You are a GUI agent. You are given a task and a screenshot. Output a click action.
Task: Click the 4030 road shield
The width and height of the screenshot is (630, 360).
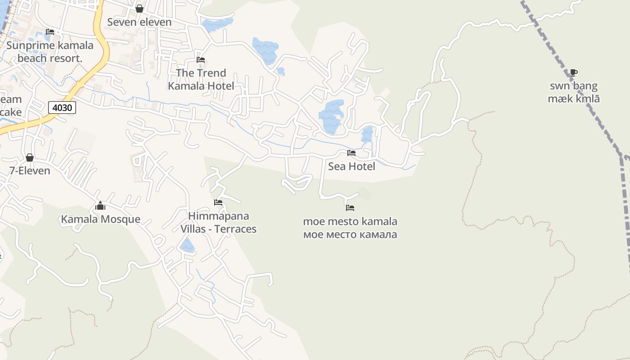62,108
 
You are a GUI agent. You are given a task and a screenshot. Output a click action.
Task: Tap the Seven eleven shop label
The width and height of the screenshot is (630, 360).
139,22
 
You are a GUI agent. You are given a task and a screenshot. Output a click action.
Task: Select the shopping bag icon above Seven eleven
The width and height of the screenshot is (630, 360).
139,9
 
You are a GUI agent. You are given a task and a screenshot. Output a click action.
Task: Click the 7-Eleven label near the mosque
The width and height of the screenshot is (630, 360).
30,171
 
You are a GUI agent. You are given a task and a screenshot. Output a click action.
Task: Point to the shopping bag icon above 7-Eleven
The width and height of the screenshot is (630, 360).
30,157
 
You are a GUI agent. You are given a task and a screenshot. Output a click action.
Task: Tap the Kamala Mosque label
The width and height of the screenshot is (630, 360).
101,220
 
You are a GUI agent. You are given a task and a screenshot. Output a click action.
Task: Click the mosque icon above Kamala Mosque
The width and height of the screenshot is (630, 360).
100,206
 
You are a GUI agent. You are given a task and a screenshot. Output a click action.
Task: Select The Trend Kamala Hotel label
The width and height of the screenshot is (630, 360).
201,79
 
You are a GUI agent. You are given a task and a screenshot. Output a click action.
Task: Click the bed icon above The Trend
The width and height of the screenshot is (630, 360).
201,59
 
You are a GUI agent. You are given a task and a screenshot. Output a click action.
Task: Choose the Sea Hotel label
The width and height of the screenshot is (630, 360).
351,166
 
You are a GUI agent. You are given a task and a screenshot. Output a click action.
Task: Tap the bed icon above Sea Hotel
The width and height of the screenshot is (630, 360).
351,153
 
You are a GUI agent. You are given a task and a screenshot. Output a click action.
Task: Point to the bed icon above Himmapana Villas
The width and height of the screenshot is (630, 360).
218,202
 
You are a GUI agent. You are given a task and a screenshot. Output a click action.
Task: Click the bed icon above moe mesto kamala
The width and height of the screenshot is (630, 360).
350,207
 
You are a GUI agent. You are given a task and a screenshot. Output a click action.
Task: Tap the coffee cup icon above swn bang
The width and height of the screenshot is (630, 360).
573,72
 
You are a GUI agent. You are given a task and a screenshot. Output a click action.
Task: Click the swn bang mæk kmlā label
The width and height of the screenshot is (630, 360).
574,92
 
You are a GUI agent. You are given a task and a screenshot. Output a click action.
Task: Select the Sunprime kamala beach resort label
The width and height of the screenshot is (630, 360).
50,52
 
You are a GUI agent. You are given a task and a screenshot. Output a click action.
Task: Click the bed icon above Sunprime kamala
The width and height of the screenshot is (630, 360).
50,32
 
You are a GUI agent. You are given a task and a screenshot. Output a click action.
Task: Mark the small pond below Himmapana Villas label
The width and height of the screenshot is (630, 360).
187,246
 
